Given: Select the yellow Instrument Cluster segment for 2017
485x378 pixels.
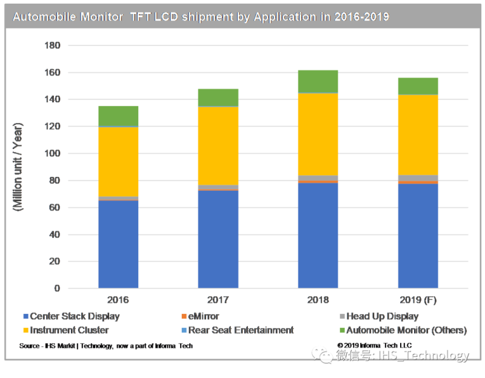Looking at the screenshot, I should pyautogui.click(x=218, y=145).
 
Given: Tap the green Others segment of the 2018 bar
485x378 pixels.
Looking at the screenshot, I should pyautogui.click(x=318, y=81).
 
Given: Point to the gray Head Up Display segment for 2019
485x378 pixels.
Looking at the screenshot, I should pyautogui.click(x=418, y=177).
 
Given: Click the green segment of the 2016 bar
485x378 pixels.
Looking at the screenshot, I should pyautogui.click(x=118, y=115).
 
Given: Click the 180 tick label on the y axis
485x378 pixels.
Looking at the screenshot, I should pyautogui.click(x=52, y=45).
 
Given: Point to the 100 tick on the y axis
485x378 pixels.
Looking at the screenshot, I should pyautogui.click(x=52, y=153).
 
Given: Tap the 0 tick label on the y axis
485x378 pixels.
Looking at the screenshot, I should pyautogui.click(x=57, y=288).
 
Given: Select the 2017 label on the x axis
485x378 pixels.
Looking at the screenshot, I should pyautogui.click(x=218, y=300).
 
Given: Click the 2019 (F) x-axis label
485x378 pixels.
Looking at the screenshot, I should pyautogui.click(x=418, y=300).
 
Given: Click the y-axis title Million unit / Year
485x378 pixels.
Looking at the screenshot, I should pyautogui.click(x=19, y=167).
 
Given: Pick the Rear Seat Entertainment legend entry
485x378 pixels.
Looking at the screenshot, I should pyautogui.click(x=241, y=330).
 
